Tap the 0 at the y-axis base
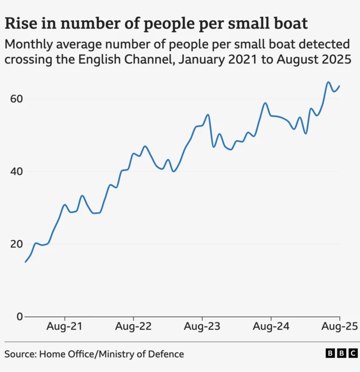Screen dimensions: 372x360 (x=20, y=316)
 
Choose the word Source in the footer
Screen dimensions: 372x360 (x=20, y=354)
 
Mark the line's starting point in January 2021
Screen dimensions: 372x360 (x=25, y=262)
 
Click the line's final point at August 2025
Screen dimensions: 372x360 (x=340, y=86)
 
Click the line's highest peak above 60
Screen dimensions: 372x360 (x=328, y=82)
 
